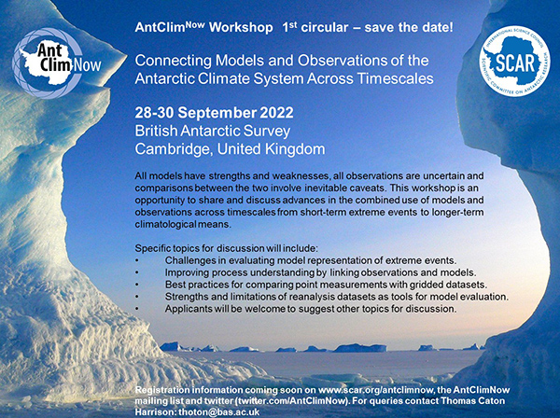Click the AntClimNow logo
pyautogui.click(x=56, y=63)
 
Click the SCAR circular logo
pyautogui.click(x=514, y=61)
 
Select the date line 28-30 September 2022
pyautogui.click(x=214, y=113)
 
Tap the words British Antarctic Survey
pyautogui.click(x=213, y=131)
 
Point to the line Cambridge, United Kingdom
pyautogui.click(x=230, y=149)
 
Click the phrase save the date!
pyautogui.click(x=409, y=27)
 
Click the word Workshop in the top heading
pyautogui.click(x=241, y=27)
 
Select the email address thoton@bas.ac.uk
pyautogui.click(x=219, y=411)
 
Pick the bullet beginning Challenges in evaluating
pyautogui.click(x=311, y=260)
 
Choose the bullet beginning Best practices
pyautogui.click(x=326, y=285)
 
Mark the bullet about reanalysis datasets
pyautogui.click(x=336, y=297)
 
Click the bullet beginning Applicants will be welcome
pyautogui.click(x=311, y=309)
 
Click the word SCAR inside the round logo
pyautogui.click(x=515, y=63)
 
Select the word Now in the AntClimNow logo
pyautogui.click(x=87, y=65)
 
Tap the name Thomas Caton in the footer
pyautogui.click(x=473, y=401)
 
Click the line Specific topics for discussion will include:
pyautogui.click(x=226, y=248)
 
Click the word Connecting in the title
pyautogui.click(x=174, y=62)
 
